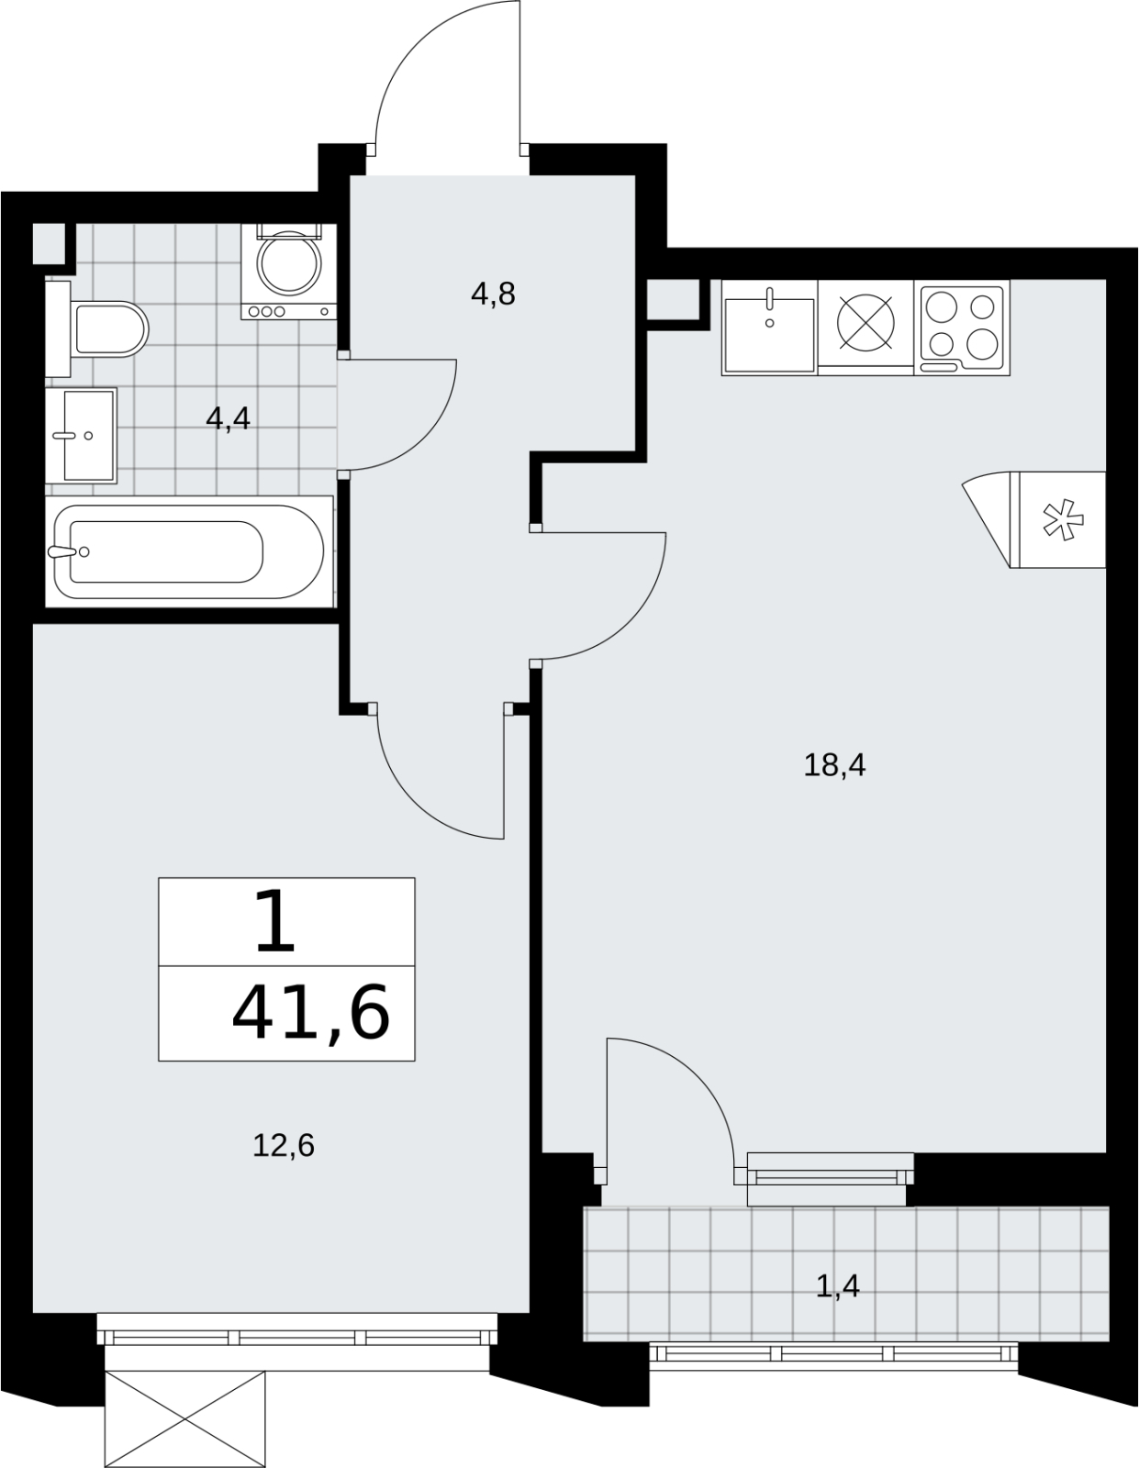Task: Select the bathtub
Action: coord(189,551)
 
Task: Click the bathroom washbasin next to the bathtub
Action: coord(81,436)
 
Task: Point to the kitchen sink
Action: coord(769,327)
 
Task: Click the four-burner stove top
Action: coord(962,327)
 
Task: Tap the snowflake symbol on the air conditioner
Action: coord(1064,519)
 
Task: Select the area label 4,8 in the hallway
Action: coord(493,295)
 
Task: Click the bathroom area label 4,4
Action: coord(229,419)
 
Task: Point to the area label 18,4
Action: coord(834,766)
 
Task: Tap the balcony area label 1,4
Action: coord(838,1287)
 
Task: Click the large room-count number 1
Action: coord(275,921)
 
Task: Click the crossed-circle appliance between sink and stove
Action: coord(866,322)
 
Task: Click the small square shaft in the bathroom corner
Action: coord(49,243)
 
